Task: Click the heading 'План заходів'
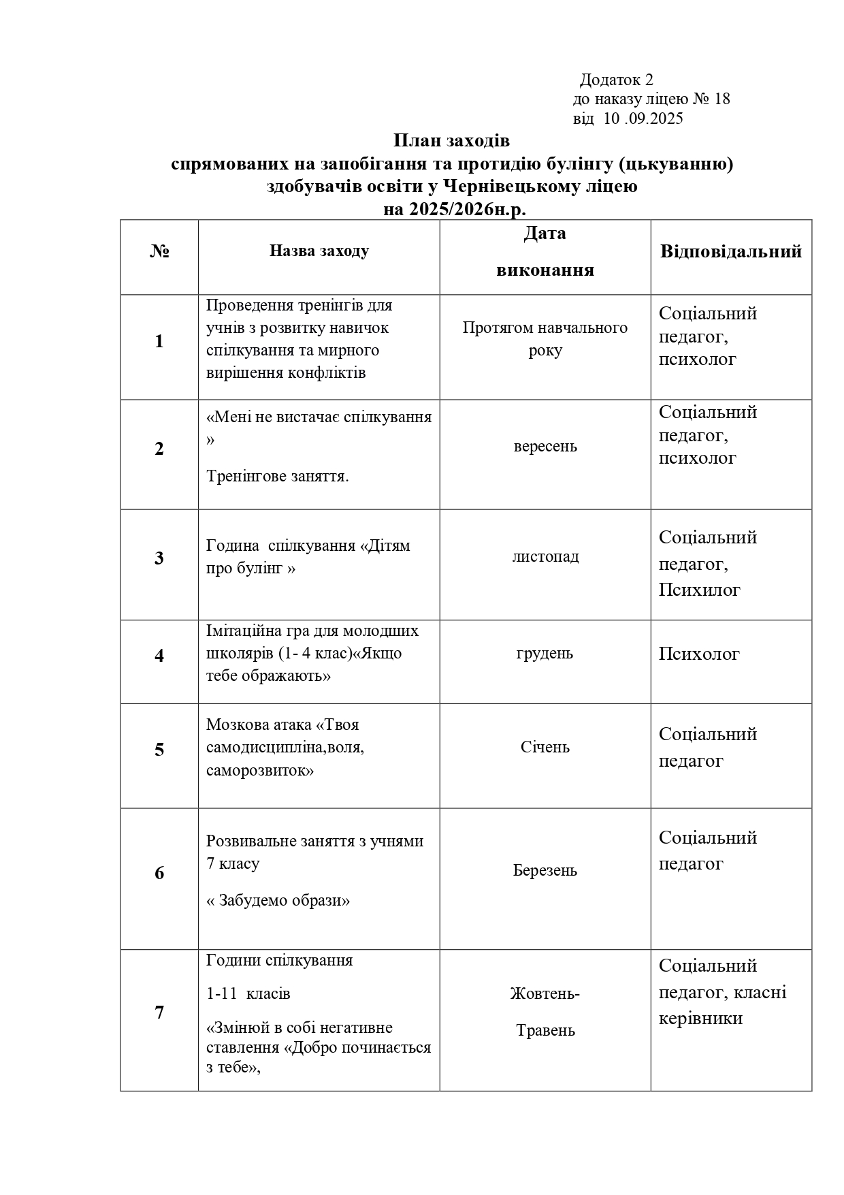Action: point(451,141)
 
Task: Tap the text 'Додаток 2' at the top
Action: point(616,80)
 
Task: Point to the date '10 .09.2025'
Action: point(643,119)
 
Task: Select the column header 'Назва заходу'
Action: point(319,251)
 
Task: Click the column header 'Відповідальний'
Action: point(731,251)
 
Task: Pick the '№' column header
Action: point(159,251)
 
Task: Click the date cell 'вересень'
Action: point(545,447)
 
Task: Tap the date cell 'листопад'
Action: point(545,557)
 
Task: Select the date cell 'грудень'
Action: point(545,654)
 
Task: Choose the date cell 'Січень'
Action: point(545,748)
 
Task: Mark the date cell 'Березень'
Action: point(545,871)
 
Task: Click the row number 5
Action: point(159,750)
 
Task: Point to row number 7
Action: point(159,1013)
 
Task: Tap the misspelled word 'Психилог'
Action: point(699,590)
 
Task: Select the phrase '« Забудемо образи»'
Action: point(278,900)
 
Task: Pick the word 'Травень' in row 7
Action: point(545,1030)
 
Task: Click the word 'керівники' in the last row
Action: point(700,1018)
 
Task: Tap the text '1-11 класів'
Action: point(248,993)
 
